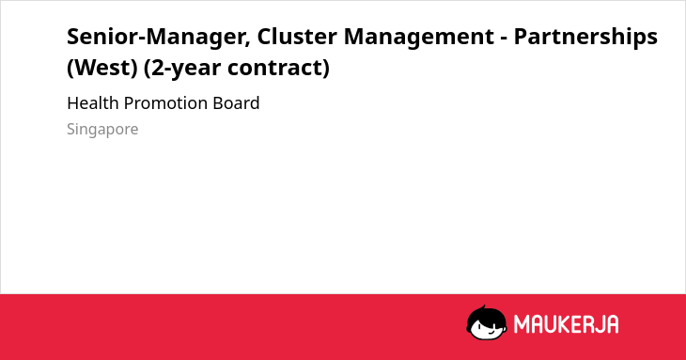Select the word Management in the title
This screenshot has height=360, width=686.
[x=419, y=38]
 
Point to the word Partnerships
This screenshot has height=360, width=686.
[x=585, y=38]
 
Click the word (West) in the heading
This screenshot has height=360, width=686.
[x=102, y=68]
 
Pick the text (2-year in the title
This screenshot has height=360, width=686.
[x=181, y=68]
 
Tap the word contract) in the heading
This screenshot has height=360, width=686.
[x=278, y=68]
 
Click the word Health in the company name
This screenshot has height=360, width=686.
[x=93, y=103]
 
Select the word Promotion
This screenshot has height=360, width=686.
[x=165, y=103]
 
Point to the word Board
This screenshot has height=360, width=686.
[x=236, y=103]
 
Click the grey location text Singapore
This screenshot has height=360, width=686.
[x=102, y=130]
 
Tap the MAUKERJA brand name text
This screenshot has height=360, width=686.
[x=566, y=324]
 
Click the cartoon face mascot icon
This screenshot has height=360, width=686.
[x=487, y=322]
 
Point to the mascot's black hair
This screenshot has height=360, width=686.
[x=486, y=315]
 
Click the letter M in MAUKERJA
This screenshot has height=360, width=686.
[x=521, y=324]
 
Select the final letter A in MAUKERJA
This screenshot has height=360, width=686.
[x=612, y=324]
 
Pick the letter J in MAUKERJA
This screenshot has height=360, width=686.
[x=599, y=324]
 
